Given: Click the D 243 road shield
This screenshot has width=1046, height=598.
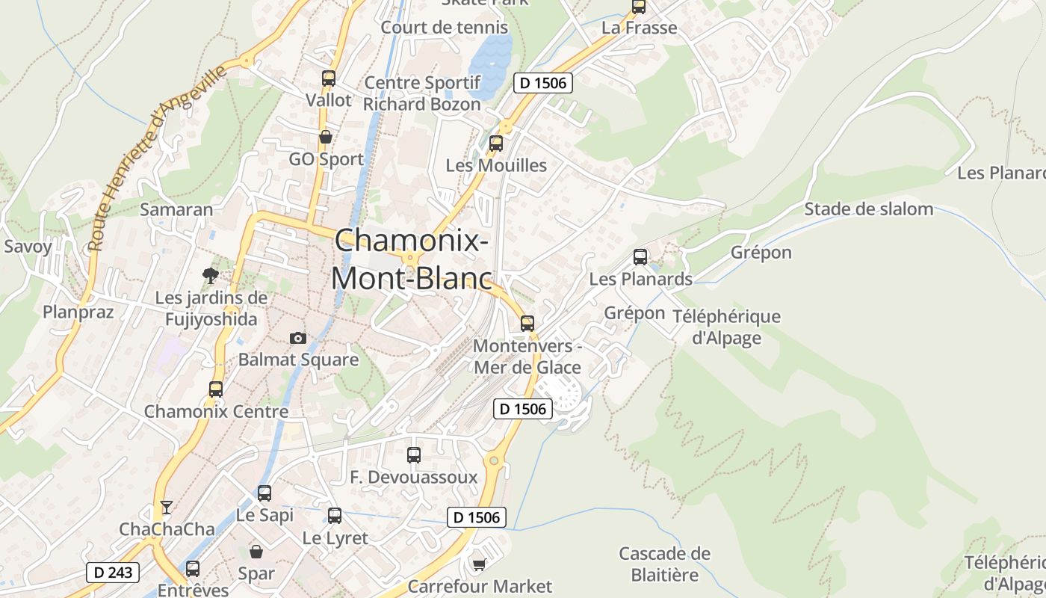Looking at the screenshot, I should pos(114,573).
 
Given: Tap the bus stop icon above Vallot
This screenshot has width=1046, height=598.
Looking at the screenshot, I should pos(328,78).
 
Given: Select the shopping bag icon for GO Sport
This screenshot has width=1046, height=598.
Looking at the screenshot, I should pos(325,137).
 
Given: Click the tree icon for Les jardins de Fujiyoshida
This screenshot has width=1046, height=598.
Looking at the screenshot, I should pos(211,276).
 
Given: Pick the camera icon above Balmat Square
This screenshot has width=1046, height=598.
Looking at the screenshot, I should pos(298,338).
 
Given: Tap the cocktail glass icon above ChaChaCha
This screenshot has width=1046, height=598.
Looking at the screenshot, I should pos(166,508).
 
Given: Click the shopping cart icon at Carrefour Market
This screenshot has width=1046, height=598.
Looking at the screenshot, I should pos(479,564).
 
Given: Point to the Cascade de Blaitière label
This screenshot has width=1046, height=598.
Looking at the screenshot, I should pos(664,564).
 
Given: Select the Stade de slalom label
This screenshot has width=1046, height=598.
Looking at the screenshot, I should pos(868,209).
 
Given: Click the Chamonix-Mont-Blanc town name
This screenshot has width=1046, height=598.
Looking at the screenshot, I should pos(412,259).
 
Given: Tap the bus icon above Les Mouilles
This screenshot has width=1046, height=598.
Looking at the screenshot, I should pos(495,144).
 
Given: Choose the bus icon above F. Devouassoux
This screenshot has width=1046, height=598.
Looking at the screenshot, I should pos(413,454).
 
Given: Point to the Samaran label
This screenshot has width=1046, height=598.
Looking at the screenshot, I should pos(176,209).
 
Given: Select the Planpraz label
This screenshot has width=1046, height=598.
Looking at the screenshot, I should pos(78,311).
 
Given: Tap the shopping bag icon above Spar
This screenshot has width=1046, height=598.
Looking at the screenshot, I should pos(256,552).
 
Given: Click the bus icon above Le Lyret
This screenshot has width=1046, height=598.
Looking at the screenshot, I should pos(335,515).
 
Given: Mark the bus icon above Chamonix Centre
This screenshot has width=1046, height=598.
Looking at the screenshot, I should pos(215,389).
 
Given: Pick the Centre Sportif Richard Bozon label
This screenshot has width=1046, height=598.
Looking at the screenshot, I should pos(422,93).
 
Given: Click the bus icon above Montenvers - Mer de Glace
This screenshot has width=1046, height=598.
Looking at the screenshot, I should pos(527,323).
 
